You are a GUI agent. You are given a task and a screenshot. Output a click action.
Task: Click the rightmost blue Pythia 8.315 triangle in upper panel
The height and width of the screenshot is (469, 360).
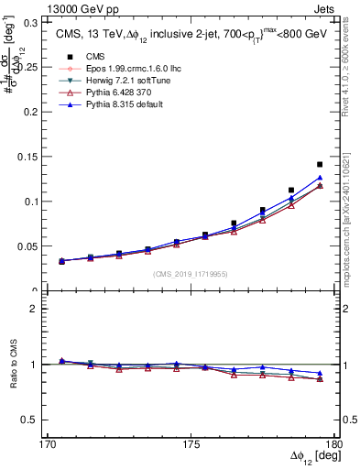320,178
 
